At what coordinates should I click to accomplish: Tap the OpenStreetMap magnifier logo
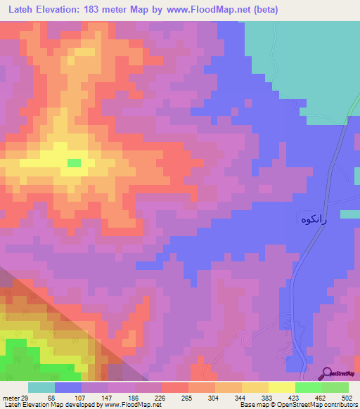(x=327, y=374)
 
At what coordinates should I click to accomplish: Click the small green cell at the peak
(x=74, y=162)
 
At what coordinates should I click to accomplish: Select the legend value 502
(x=346, y=397)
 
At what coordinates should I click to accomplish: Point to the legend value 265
(x=186, y=397)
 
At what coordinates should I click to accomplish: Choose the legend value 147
(x=106, y=397)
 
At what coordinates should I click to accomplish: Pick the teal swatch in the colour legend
(x=41, y=387)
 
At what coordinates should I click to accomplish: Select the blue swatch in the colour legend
(x=68, y=387)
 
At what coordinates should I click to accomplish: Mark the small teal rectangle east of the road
(x=349, y=214)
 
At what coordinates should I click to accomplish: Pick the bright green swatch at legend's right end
(x=335, y=387)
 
